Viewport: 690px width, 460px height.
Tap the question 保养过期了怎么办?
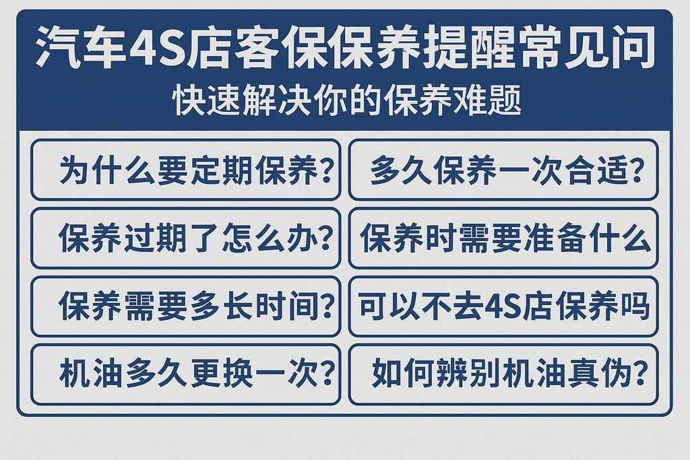(185, 238)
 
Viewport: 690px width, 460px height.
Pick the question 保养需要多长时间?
(185, 306)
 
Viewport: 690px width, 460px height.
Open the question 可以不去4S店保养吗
(503, 306)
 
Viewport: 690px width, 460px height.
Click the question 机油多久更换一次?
(185, 374)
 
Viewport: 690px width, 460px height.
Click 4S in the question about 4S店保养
(503, 307)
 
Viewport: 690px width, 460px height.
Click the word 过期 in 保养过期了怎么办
(158, 238)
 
